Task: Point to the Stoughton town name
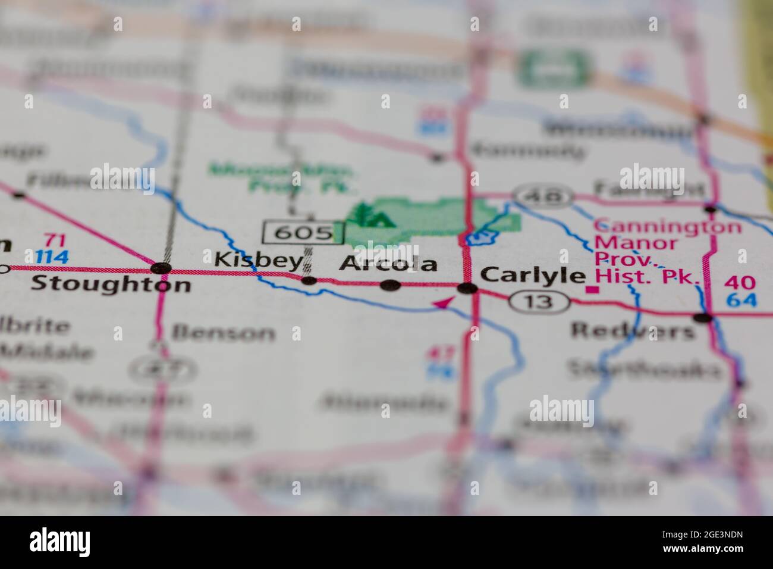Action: [111, 283]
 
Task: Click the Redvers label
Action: [632, 330]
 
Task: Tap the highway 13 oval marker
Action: [539, 302]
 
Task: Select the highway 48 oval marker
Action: [543, 195]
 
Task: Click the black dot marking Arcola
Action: [390, 286]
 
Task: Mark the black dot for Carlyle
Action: [467, 289]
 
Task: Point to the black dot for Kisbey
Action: [309, 280]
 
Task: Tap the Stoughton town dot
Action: [161, 268]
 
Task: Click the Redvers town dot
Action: [703, 317]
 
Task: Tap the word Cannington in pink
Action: [668, 227]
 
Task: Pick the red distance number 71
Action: [55, 241]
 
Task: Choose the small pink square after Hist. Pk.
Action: [592, 290]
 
